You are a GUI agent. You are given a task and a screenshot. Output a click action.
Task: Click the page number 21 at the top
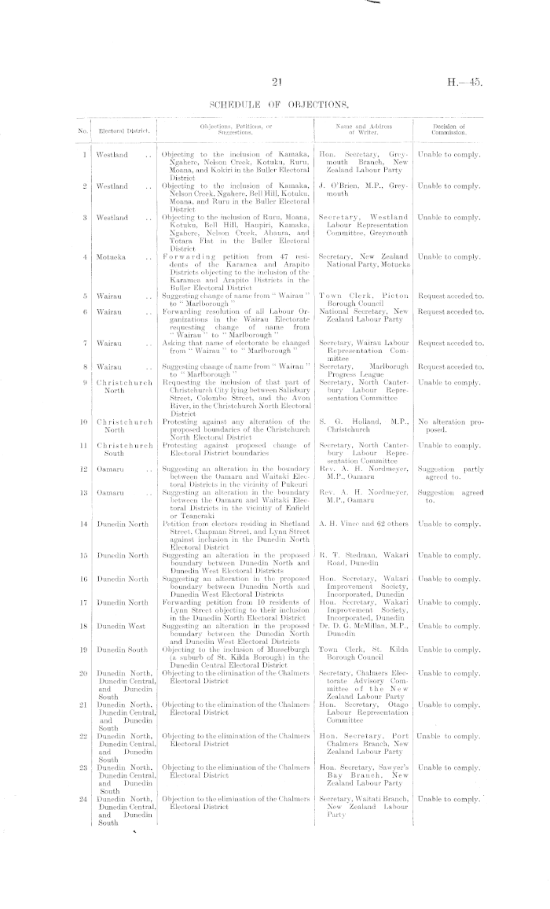(275, 81)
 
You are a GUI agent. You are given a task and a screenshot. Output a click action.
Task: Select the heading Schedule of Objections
(275, 105)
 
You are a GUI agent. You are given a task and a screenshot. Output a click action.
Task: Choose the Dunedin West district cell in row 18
(119, 626)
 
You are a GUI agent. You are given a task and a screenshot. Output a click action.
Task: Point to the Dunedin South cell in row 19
(120, 650)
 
